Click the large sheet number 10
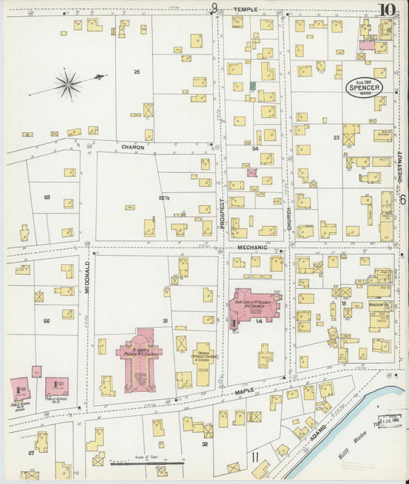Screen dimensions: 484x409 pos(388,10)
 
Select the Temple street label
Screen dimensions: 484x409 pos(246,9)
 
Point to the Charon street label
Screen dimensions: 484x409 pos(132,146)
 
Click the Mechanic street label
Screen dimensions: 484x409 pos(251,247)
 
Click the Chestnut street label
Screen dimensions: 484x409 pos(401,165)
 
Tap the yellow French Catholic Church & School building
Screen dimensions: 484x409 pos(203,365)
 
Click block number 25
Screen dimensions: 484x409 pos(137,72)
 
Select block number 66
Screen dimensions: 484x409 pos(46,321)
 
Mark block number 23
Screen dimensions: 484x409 pos(336,137)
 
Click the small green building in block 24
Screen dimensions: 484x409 pos(252,85)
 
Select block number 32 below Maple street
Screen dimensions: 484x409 pos(205,443)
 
